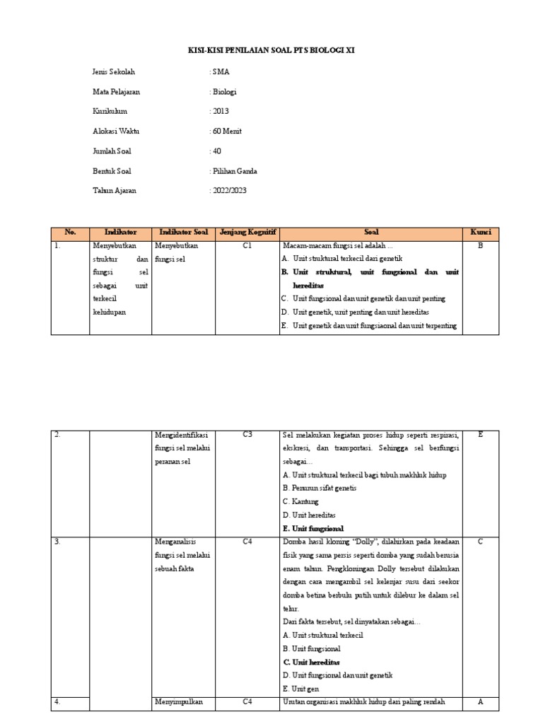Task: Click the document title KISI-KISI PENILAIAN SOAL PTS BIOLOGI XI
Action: click(271, 52)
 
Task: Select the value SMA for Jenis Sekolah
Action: click(220, 72)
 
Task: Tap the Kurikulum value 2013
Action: click(220, 112)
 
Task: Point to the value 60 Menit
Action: click(226, 132)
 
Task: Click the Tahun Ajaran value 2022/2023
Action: click(228, 191)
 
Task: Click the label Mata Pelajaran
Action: click(116, 92)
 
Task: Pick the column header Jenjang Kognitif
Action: click(247, 233)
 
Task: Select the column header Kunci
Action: click(481, 233)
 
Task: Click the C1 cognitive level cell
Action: click(247, 246)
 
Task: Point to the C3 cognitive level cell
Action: click(247, 435)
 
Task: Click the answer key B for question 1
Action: click(480, 246)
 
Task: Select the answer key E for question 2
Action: click(480, 435)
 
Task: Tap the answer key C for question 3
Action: click(480, 542)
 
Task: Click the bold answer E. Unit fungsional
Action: click(313, 528)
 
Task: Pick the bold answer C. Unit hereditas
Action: click(311, 662)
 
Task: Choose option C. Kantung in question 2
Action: click(300, 501)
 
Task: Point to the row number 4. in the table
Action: click(57, 702)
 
